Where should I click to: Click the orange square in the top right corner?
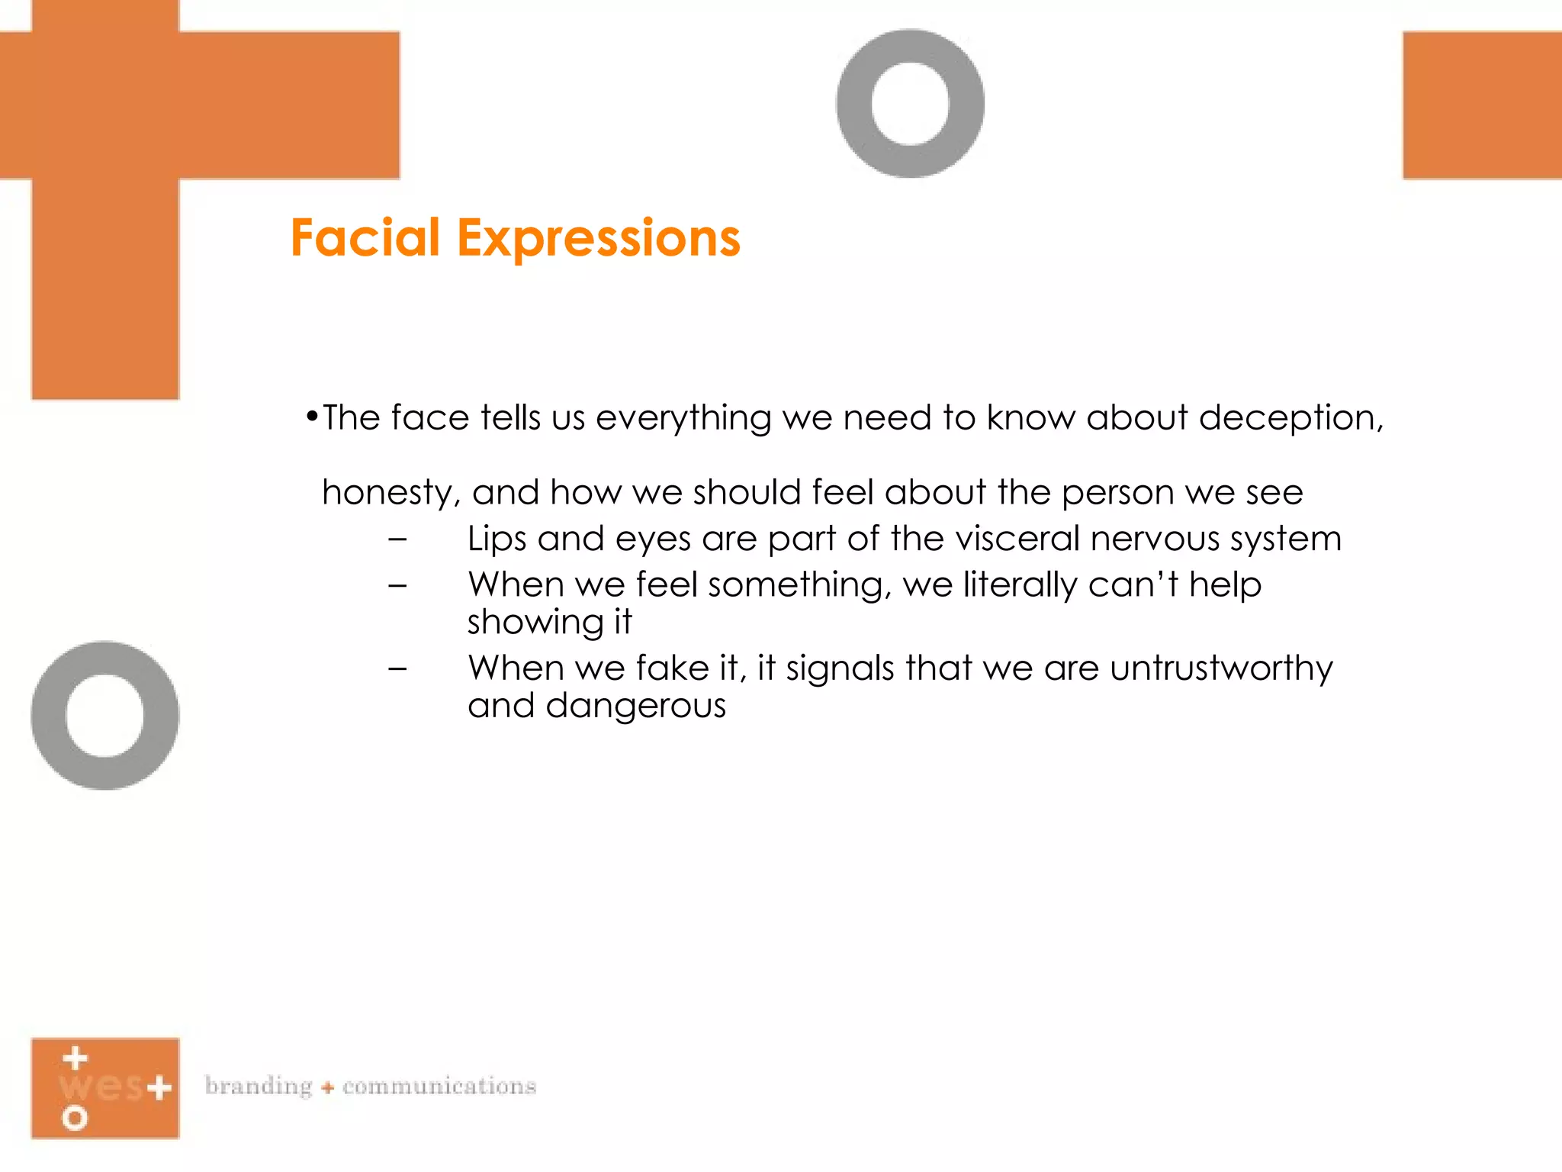pyautogui.click(x=1482, y=105)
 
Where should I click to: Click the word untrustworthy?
pyautogui.click(x=1221, y=668)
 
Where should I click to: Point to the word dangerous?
pyautogui.click(x=635, y=706)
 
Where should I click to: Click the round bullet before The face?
pyautogui.click(x=311, y=417)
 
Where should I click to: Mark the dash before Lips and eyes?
pyautogui.click(x=397, y=539)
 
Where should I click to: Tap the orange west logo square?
pyautogui.click(x=105, y=1088)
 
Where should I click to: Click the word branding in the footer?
pyautogui.click(x=259, y=1086)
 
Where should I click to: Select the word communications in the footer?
pyautogui.click(x=439, y=1086)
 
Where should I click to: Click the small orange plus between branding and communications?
pyautogui.click(x=328, y=1087)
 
